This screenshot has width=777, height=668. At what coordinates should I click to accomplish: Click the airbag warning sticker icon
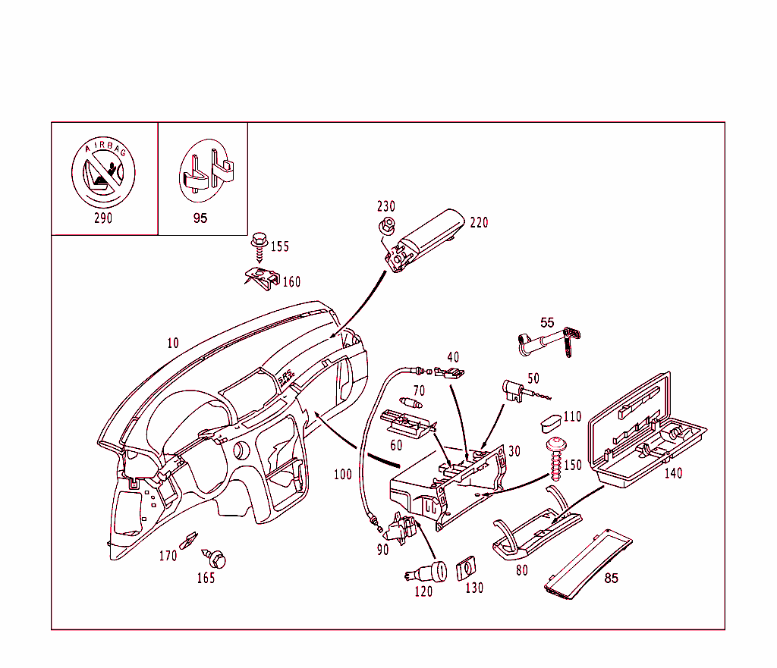coord(103,173)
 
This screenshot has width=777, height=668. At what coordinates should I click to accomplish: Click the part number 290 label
coord(103,218)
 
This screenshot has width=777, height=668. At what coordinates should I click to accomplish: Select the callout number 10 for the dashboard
coord(173,343)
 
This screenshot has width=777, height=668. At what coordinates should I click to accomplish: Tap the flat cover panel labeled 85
coord(590,561)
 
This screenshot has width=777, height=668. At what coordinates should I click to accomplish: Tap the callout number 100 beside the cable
coord(343,475)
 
